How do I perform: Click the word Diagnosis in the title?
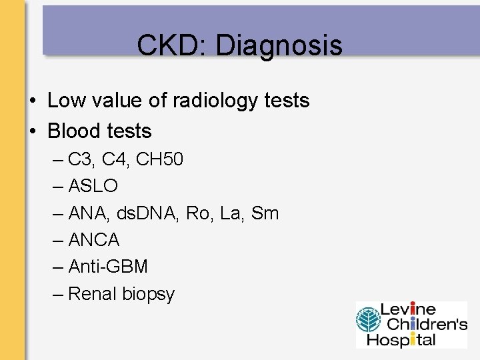tap(279, 46)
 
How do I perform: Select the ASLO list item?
tap(93, 187)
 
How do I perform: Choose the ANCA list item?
tap(94, 240)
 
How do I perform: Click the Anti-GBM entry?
tap(108, 267)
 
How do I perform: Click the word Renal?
tap(92, 293)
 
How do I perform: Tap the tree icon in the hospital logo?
tap(367, 325)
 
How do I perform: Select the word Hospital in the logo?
tap(408, 339)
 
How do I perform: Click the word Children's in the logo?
tap(423, 325)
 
